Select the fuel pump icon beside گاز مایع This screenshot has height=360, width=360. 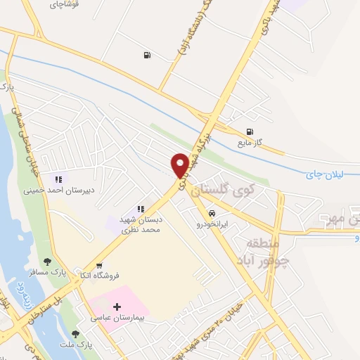pyautogui.click(x=249, y=131)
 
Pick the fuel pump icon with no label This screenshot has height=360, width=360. pyautogui.click(x=146, y=55)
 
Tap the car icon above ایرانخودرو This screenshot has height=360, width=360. pyautogui.click(x=212, y=212)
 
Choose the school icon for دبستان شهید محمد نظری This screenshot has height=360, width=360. pyautogui.click(x=141, y=209)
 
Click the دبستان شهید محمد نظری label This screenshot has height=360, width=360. pyautogui.click(x=140, y=224)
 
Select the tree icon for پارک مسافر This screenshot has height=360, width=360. pyautogui.click(x=47, y=262)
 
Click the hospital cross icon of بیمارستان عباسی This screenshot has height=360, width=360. pyautogui.click(x=117, y=307)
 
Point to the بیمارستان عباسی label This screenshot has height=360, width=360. pyautogui.click(x=117, y=318)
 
